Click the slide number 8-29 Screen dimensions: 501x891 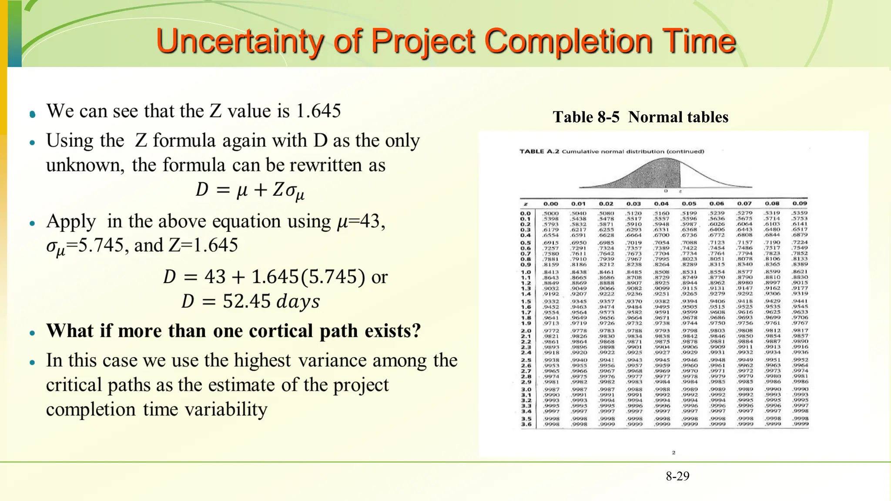coord(677,476)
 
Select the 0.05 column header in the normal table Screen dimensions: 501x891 coord(689,204)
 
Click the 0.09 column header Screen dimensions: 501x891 coord(800,204)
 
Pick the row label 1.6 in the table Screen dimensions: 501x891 coord(526,307)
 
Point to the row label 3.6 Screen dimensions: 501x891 coord(526,424)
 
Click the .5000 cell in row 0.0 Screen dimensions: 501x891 coord(551,214)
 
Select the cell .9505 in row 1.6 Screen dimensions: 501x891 coord(690,307)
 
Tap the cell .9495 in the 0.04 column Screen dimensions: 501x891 coord(662,307)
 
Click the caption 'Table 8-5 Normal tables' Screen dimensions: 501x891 coord(640,117)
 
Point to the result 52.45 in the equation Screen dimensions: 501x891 coord(247,301)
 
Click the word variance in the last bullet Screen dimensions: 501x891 coord(332,361)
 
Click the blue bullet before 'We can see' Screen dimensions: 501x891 coord(33,114)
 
